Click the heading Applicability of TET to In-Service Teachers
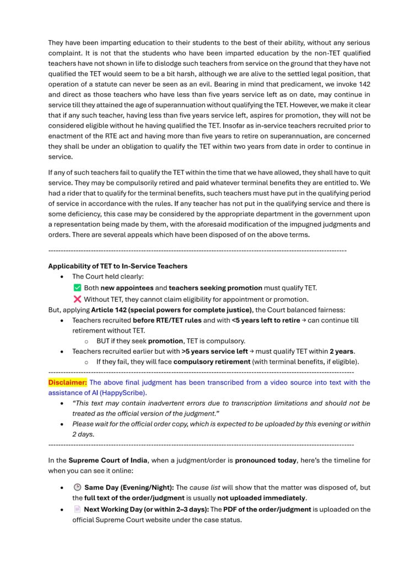(x=117, y=266)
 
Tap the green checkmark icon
(x=77, y=287)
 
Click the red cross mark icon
(x=77, y=299)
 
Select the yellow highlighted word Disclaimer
(x=67, y=382)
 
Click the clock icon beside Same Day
(x=77, y=487)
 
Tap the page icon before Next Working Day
(x=77, y=509)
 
